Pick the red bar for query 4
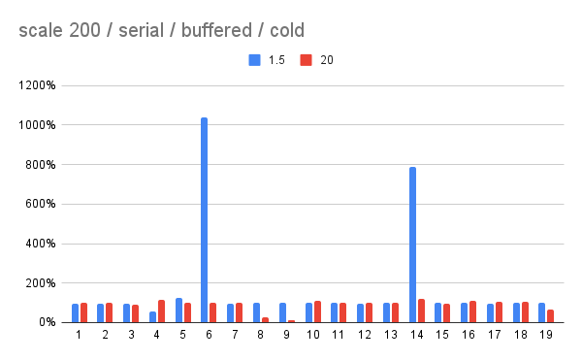tap(161, 311)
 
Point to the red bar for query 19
tap(552, 316)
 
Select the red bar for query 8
tap(265, 319)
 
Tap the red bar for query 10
tap(317, 311)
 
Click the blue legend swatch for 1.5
tap(255, 60)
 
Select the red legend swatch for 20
tap(307, 60)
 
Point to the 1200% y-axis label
tap(40, 85)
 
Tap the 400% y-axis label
tap(43, 244)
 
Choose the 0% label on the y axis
tap(48, 323)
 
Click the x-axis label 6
tap(210, 335)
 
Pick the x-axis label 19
tap(547, 335)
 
